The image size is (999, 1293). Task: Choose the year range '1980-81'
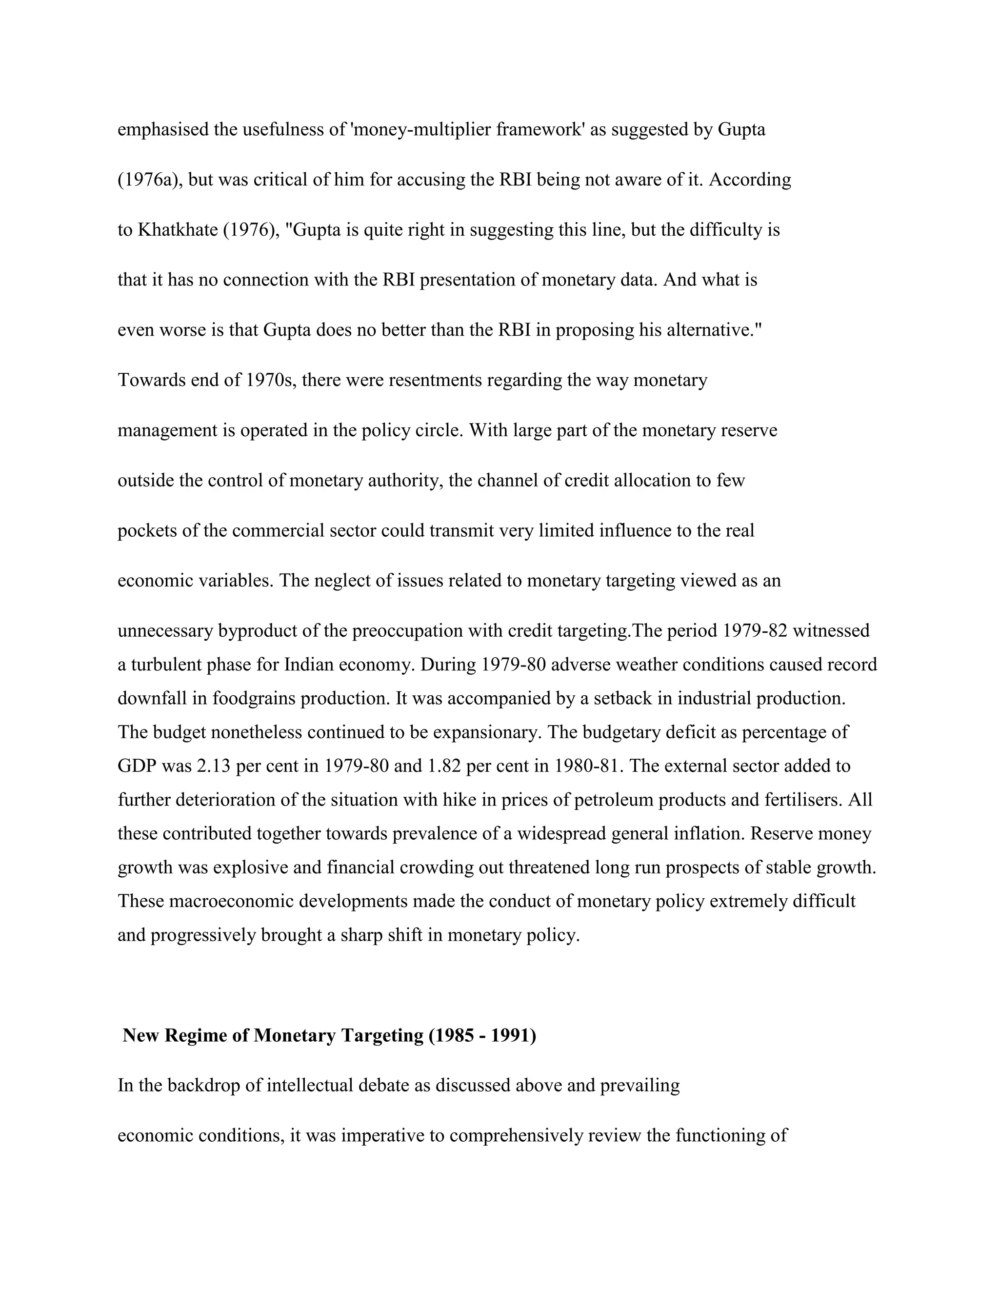pos(588,766)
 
